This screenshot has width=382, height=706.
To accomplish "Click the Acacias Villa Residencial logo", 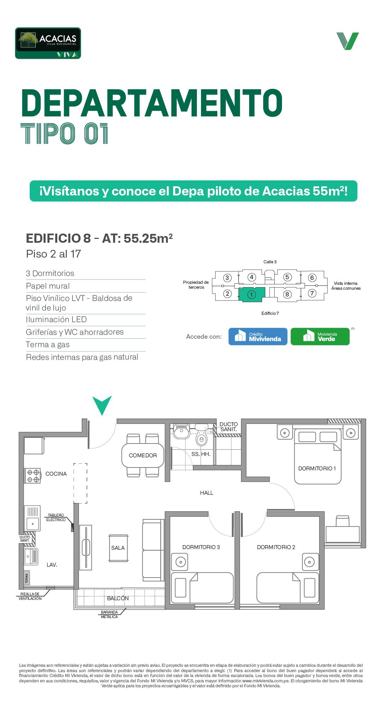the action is coord(48,43).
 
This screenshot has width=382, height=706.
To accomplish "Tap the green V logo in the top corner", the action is coord(348,41).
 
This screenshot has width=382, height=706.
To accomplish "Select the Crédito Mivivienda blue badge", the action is coord(258,336).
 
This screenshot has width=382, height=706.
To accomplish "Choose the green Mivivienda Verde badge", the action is coord(320,336).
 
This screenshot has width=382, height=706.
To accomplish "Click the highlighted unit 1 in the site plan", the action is coord(252,294).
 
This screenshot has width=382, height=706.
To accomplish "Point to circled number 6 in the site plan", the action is coord(312,278).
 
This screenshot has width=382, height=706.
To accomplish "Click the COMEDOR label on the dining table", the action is coord(143,455).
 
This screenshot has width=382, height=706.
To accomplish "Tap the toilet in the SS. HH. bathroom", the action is coord(201,436).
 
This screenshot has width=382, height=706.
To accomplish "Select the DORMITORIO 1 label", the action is coord(317,469).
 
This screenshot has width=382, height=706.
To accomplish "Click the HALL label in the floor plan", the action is coord(207,493).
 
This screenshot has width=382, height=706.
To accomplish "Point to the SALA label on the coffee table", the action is coord(118,548).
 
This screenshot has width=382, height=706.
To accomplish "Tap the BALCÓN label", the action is coord(118,598).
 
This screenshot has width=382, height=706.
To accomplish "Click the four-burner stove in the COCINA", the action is coord(33,476).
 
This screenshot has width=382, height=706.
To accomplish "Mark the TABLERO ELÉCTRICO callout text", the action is coord(56,518).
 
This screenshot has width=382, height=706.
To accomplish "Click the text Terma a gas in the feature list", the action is coord(48,345).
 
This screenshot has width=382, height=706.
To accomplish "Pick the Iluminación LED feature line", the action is coord(56,320).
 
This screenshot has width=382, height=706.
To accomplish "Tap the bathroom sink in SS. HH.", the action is coord(182,431).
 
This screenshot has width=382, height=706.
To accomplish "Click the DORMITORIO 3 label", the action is coord(201,547).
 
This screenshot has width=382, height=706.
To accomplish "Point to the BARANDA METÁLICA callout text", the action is coord(110,615).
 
